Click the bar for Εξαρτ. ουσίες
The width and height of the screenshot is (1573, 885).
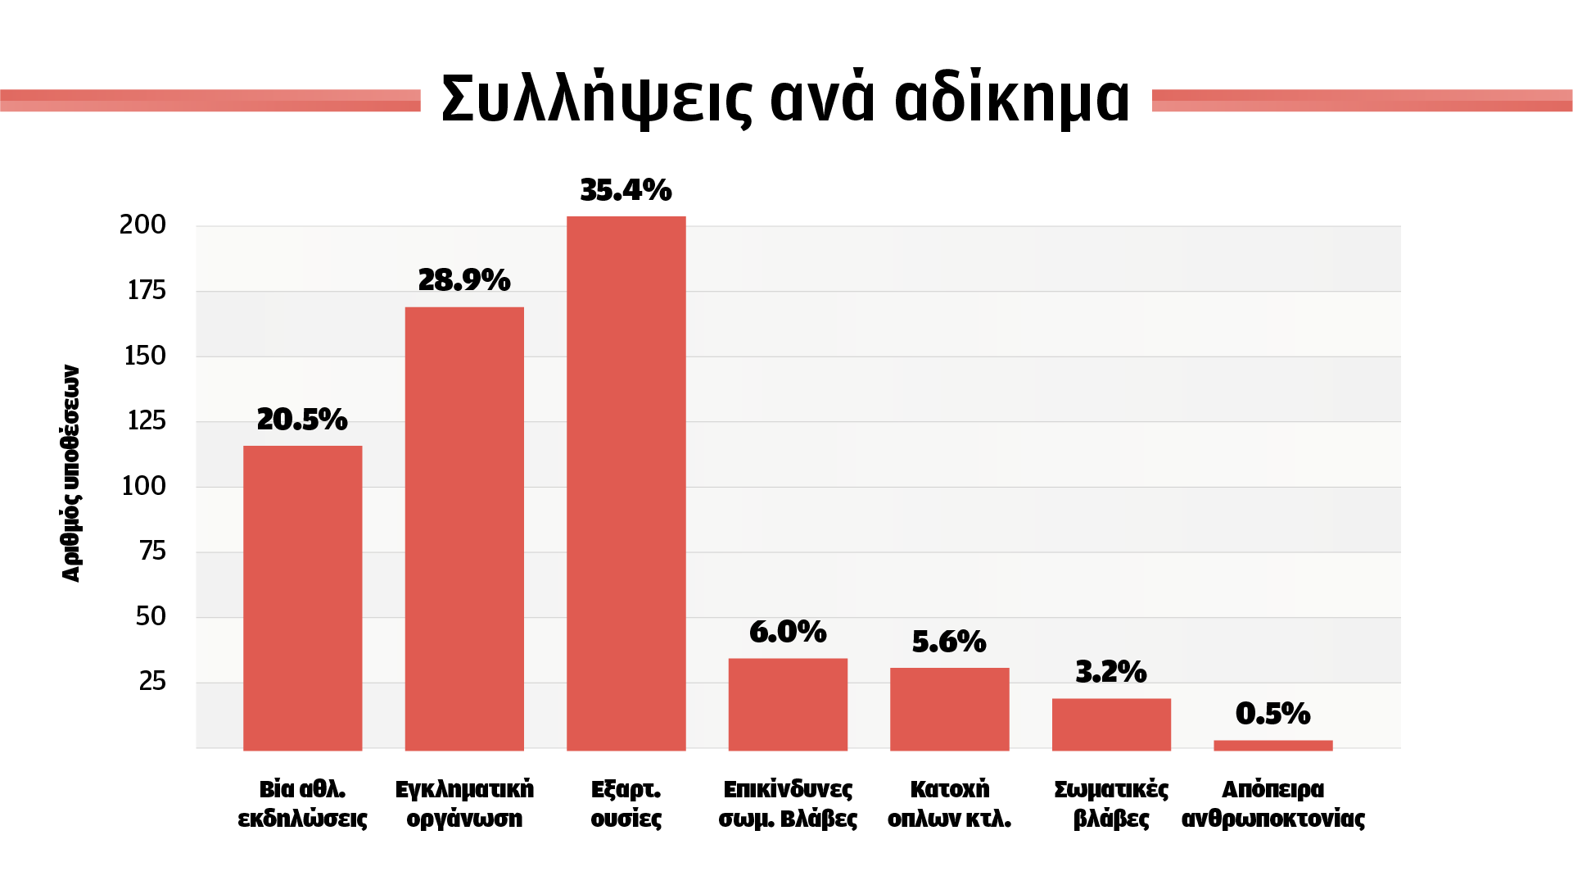click(x=626, y=483)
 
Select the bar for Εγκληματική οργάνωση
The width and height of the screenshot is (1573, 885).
click(x=464, y=529)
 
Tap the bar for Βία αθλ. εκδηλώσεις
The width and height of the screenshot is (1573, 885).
click(x=302, y=598)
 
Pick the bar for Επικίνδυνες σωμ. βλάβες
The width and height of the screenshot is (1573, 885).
click(x=788, y=704)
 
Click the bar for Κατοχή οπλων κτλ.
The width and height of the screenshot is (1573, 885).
click(x=949, y=709)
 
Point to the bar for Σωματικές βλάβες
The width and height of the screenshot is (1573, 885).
click(x=1111, y=724)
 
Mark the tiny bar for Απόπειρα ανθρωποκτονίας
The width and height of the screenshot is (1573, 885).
click(x=1272, y=745)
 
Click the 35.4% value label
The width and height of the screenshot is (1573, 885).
click(x=626, y=190)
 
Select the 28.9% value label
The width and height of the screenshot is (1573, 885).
click(x=464, y=280)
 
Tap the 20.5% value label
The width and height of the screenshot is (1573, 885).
click(x=302, y=420)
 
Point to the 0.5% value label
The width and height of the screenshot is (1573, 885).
click(x=1272, y=714)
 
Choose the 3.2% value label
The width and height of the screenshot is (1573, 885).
click(x=1111, y=672)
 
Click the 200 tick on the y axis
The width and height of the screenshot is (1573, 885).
click(x=142, y=225)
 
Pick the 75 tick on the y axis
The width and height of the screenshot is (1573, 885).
click(x=152, y=551)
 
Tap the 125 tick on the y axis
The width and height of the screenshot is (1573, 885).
click(x=147, y=420)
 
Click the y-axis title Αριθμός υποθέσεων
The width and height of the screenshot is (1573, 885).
click(x=72, y=474)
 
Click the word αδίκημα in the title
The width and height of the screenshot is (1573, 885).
click(x=1012, y=98)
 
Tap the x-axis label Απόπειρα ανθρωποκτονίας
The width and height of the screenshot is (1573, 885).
click(x=1272, y=804)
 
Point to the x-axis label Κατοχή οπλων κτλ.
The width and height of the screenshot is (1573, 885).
click(x=949, y=804)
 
